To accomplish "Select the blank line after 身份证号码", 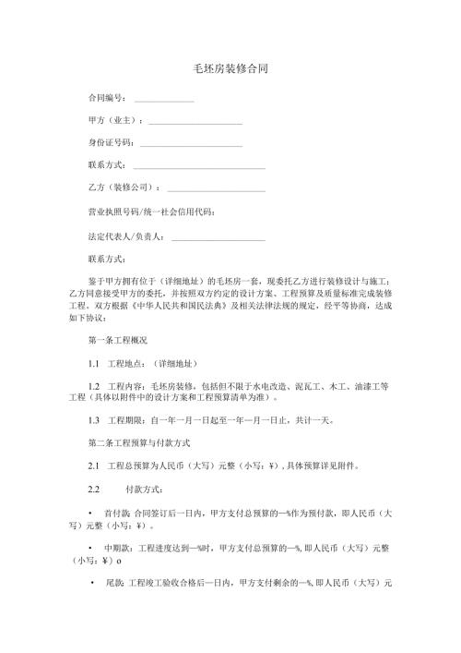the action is pos(191,144).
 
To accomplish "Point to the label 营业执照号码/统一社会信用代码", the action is pos(150,212).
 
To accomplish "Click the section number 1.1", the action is pos(93,364).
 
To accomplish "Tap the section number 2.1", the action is pos(93,466).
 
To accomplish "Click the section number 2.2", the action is pos(93,489).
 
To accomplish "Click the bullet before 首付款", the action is pos(89,512).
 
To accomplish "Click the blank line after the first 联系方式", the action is pos(199,167).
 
